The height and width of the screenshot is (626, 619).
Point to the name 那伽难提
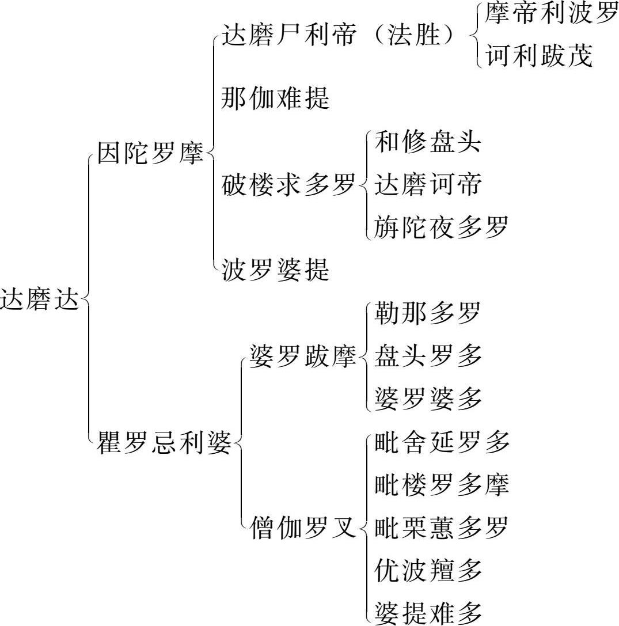(276, 98)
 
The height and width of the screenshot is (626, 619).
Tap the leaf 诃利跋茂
(539, 57)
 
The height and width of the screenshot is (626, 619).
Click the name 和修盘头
(428, 142)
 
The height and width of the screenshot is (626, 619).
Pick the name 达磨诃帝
(428, 185)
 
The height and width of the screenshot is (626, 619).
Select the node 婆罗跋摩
(303, 357)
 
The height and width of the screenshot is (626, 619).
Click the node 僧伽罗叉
(303, 528)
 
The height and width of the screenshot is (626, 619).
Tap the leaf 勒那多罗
(428, 314)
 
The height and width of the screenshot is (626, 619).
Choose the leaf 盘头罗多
(428, 357)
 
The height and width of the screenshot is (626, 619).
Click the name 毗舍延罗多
(441, 442)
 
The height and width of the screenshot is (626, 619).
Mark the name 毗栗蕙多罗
(441, 528)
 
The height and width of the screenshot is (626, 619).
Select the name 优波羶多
(428, 570)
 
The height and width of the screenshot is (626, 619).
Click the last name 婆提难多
(428, 613)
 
